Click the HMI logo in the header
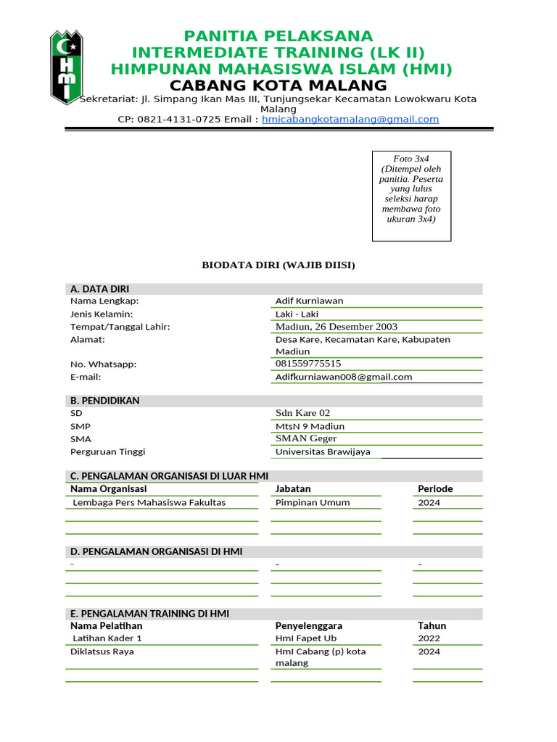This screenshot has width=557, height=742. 66,67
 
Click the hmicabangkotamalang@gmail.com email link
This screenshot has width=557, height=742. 350,119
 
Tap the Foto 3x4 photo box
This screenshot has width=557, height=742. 411,196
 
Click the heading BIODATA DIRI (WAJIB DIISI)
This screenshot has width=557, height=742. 278,265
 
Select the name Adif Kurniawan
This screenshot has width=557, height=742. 309,301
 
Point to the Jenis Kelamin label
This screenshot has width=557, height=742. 102,314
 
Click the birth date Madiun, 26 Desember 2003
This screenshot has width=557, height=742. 336,326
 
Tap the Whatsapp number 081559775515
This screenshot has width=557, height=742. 308,364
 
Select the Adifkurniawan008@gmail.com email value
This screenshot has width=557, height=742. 344,377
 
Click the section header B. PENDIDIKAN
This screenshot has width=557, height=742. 104,401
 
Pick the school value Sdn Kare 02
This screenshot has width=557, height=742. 302,413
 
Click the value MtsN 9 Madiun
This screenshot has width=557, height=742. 310,426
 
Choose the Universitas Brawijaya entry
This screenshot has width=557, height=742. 323,451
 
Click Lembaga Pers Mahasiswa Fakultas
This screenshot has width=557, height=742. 149,502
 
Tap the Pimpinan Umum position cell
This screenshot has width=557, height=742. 313,502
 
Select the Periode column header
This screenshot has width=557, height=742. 435,488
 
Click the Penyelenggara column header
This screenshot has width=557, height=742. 309,625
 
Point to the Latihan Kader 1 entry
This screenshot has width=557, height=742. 107,638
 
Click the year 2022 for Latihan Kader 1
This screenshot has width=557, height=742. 429,638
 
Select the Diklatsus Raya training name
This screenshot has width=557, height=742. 102,651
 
